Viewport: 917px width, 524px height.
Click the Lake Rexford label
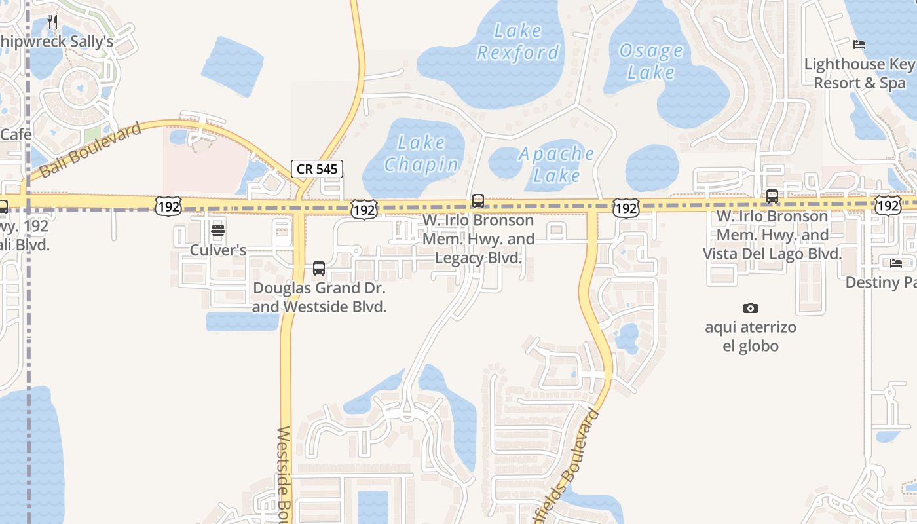pos(518,41)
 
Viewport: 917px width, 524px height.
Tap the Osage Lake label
pos(650,61)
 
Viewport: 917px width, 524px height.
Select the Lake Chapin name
pos(421,153)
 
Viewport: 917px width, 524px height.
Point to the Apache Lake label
pos(557,164)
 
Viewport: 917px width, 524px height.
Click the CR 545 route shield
pos(317,169)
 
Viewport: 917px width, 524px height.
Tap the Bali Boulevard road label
pos(90,150)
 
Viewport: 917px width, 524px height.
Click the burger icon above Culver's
pos(218,231)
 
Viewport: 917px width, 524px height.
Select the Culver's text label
pos(218,250)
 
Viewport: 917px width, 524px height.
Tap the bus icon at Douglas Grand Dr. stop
pos(319,268)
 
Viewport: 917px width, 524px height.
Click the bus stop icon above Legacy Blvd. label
pos(478,200)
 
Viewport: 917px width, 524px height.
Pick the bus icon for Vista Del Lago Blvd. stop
pos(772,196)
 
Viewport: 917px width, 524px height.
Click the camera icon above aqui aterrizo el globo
pos(751,308)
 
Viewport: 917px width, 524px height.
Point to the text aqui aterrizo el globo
pos(751,336)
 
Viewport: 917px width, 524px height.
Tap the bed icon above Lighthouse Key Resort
pos(859,45)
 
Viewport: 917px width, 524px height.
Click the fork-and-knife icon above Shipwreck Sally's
pos(53,22)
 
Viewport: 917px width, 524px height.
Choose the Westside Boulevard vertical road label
pos(284,475)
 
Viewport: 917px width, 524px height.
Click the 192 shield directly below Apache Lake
pos(626,208)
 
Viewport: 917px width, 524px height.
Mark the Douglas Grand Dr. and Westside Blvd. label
pos(319,297)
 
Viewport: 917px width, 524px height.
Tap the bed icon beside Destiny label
pos(896,263)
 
